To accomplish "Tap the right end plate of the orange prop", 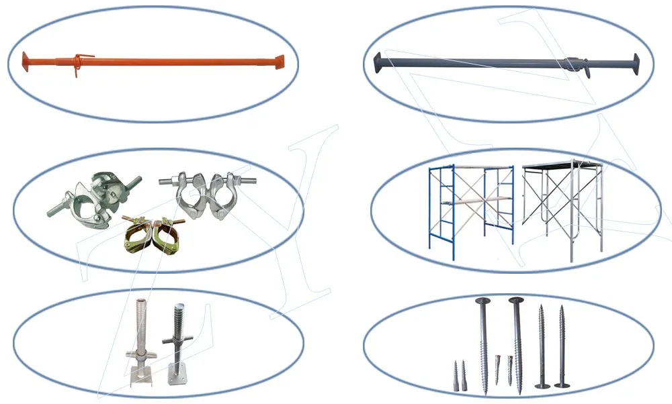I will point(281,62).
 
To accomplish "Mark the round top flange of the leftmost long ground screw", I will point(482,301).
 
